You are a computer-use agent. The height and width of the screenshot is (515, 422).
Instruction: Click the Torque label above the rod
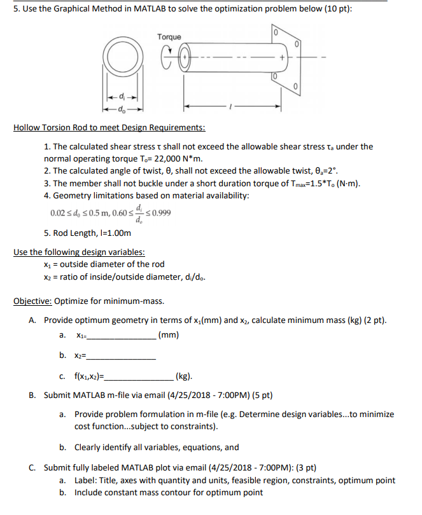169,37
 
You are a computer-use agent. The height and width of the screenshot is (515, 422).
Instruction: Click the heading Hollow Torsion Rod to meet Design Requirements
109,128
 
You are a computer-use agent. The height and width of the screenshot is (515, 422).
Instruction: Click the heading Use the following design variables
76,252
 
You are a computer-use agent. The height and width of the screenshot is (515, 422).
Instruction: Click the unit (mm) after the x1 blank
169,335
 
